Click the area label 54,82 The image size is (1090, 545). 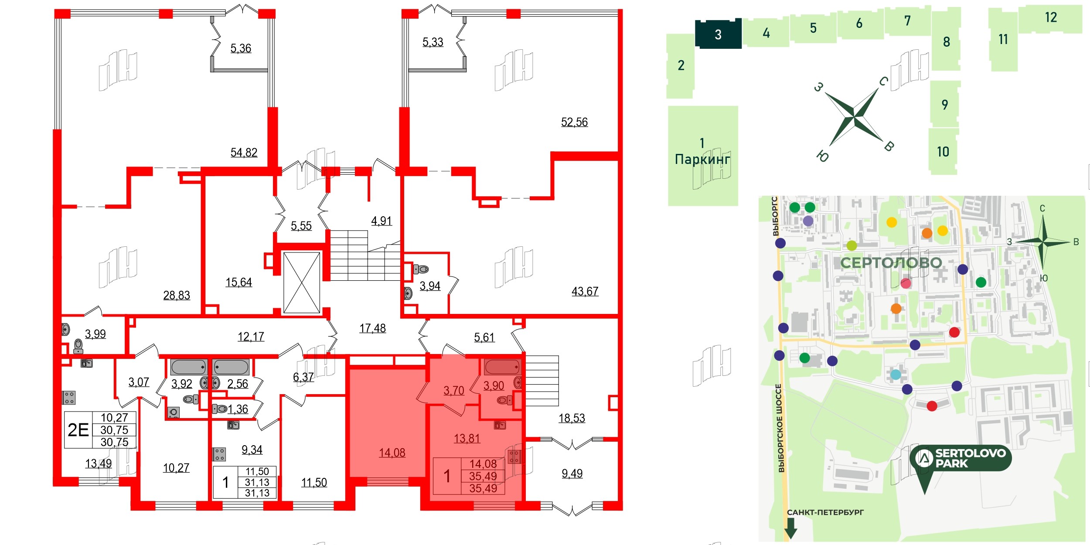click(244, 153)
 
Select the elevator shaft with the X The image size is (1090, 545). click(301, 283)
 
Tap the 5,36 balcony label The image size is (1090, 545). click(241, 48)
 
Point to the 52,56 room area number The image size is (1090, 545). click(574, 122)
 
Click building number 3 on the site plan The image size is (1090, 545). click(718, 34)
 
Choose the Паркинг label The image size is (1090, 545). click(702, 159)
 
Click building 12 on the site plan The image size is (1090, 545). click(1051, 17)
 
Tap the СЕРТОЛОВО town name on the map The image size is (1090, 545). click(891, 262)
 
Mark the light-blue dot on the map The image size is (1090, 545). click(895, 374)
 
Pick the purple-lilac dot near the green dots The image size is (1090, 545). click(808, 221)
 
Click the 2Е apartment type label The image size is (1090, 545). click(78, 430)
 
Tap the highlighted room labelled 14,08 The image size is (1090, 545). click(392, 453)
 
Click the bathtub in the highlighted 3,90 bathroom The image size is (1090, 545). click(502, 367)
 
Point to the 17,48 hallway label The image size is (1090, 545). click(372, 328)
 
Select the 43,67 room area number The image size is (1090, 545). click(585, 291)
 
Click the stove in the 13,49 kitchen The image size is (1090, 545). click(69, 397)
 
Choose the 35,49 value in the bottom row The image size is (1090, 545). click(483, 488)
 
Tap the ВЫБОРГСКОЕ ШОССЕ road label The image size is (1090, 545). click(781, 428)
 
